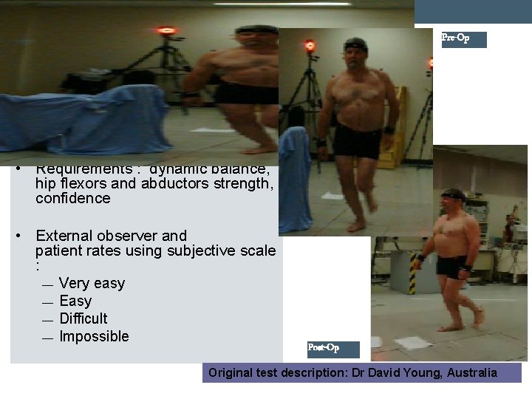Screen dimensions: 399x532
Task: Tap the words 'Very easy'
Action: coord(92,283)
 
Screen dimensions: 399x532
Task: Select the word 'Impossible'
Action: coord(94,336)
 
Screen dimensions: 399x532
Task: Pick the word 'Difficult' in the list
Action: coord(83,318)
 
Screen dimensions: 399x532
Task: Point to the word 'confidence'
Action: coord(72,198)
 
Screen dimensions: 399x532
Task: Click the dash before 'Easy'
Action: coord(47,302)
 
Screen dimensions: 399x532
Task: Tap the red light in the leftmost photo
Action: coord(167,31)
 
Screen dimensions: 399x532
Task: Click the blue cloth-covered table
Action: coord(81,118)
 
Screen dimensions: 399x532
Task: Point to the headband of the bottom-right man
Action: coord(452,194)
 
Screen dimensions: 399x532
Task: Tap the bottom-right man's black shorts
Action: coord(451,266)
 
